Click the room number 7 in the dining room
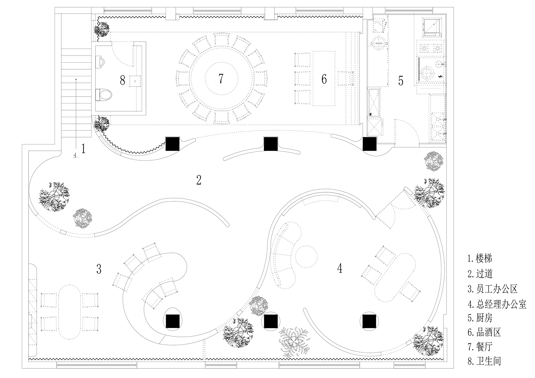click(221, 79)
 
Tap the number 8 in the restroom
click(123, 80)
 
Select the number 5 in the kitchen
click(401, 81)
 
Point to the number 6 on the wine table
click(324, 79)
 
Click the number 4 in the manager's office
click(340, 268)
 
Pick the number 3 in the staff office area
click(99, 269)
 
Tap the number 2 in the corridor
click(199, 180)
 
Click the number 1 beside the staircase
click(83, 149)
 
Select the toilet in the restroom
click(104, 95)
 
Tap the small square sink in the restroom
click(135, 81)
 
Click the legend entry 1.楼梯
click(480, 258)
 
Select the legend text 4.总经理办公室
click(497, 304)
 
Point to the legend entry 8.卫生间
click(484, 361)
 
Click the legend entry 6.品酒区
click(484, 332)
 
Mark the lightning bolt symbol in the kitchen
click(440, 76)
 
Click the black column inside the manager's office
click(370, 321)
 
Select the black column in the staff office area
click(173, 321)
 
